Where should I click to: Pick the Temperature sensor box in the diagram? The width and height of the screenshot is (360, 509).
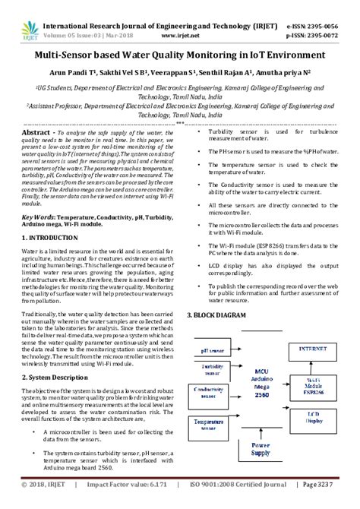click(x=213, y=420)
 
